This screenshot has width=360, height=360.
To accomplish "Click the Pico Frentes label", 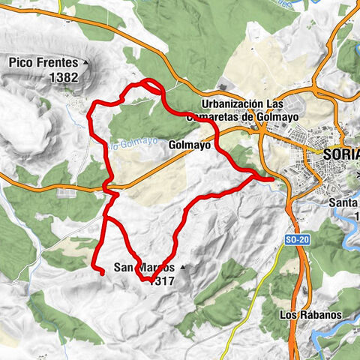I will pos(44,62).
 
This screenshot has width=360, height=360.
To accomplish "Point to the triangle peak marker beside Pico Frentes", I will pos(86,62).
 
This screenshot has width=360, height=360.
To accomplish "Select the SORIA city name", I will pos(342,153).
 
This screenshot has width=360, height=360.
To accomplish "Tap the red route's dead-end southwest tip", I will pos(100,273).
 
